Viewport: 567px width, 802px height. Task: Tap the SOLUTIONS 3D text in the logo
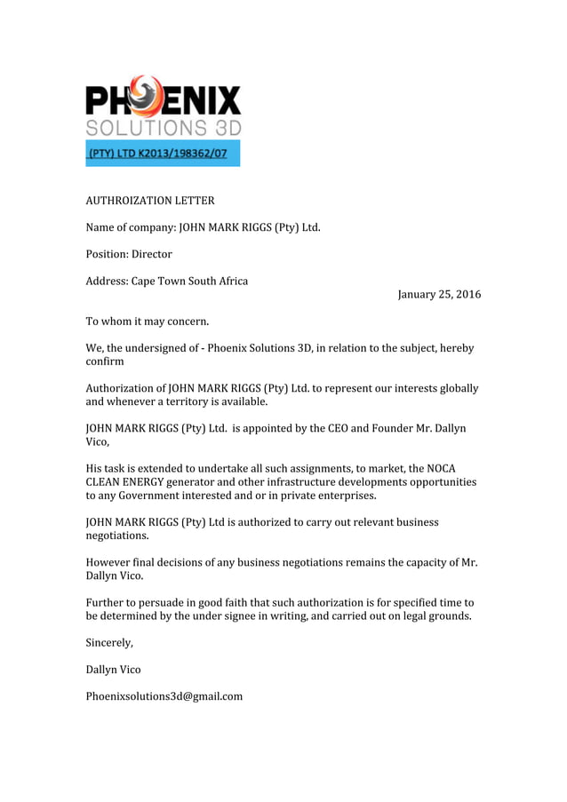point(163,127)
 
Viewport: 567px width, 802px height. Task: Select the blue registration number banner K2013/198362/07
point(163,154)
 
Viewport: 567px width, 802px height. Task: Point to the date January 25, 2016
point(439,295)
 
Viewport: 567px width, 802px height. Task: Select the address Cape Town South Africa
point(189,281)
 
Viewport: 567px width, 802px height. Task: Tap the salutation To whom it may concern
point(147,321)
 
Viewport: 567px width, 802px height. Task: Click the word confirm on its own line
point(105,361)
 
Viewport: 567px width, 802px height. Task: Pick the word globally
point(456,388)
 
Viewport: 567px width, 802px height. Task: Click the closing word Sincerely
point(109,642)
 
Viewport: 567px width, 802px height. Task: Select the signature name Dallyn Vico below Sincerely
point(113,669)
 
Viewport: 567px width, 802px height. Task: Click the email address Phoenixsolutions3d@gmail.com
point(164,695)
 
